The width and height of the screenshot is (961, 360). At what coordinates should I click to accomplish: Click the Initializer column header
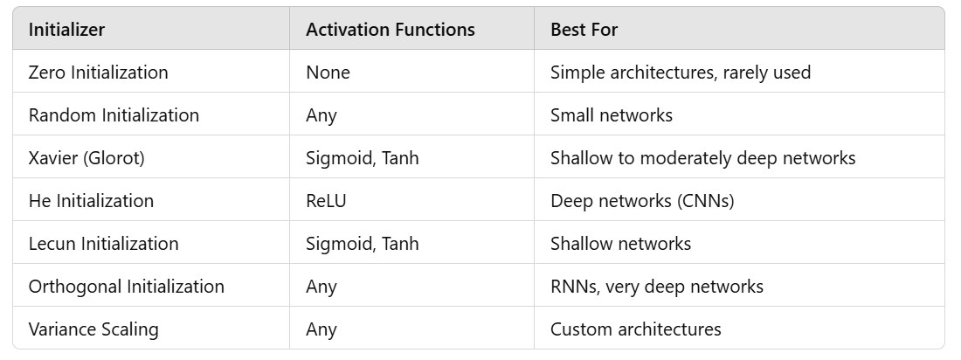(x=66, y=30)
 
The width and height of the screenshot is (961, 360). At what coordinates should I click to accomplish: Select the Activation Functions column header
(x=391, y=30)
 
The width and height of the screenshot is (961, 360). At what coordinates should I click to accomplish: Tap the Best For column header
(x=584, y=30)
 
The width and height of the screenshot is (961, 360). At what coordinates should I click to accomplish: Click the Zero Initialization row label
(x=98, y=73)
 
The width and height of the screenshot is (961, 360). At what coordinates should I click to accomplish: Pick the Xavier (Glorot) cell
(x=86, y=158)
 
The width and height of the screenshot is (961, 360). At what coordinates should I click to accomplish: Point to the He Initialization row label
(x=91, y=201)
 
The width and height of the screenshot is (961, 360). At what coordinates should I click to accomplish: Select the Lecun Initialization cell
(x=104, y=244)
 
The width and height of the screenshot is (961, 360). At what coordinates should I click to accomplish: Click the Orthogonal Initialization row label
(x=127, y=287)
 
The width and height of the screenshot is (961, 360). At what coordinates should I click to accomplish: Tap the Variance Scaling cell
(x=93, y=329)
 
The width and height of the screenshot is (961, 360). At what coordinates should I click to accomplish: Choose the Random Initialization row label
(x=114, y=115)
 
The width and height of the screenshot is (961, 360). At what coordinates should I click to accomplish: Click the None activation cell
(x=328, y=73)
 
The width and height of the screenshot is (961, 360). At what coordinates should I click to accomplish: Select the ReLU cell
(x=326, y=201)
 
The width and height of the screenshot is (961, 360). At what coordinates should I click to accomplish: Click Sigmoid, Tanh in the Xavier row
(x=363, y=158)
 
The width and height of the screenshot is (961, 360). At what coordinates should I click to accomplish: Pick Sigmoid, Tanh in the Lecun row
(x=363, y=244)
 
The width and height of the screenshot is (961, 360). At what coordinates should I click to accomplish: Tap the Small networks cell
(x=611, y=115)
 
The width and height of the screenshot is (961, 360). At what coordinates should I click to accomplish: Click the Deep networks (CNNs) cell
(x=642, y=201)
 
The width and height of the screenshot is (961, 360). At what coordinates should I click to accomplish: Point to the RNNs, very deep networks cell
(x=657, y=287)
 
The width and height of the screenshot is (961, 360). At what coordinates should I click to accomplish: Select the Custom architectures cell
(x=635, y=329)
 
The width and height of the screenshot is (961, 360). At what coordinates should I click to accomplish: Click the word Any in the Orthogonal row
(x=321, y=287)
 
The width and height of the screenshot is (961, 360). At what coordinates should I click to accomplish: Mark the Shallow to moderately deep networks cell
(x=703, y=158)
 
